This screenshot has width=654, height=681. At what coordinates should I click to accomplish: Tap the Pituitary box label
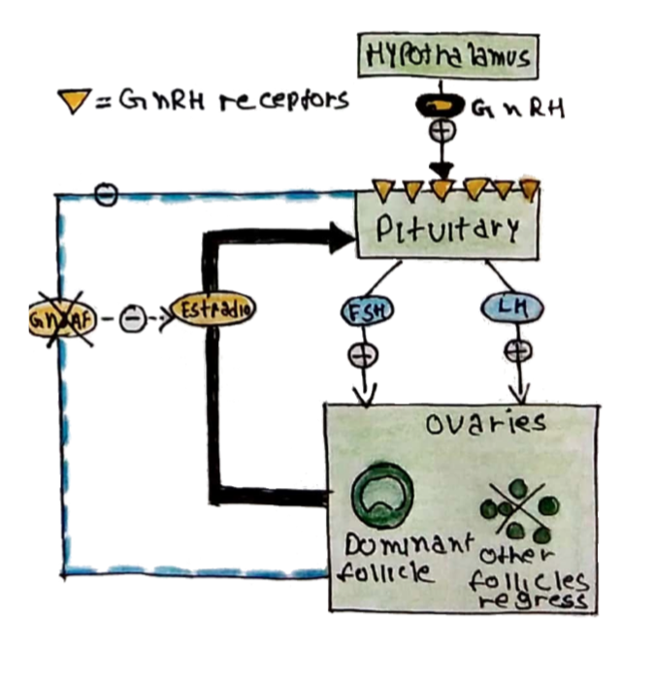[447, 230]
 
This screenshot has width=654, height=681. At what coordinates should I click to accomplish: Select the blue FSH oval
[364, 310]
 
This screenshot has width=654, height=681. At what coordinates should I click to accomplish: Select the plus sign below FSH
[364, 354]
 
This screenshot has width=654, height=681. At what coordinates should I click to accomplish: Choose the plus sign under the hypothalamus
[448, 128]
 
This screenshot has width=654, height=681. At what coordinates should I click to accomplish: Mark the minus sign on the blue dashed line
[108, 195]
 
